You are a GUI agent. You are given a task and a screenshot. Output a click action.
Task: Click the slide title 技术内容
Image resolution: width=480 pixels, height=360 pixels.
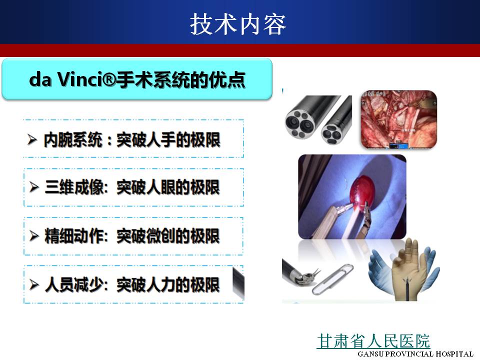click(x=238, y=24)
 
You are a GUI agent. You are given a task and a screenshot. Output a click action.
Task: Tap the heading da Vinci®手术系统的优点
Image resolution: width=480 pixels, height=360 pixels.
click(x=137, y=79)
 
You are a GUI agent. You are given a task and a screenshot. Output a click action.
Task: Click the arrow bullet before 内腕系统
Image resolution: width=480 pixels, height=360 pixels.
click(x=32, y=139)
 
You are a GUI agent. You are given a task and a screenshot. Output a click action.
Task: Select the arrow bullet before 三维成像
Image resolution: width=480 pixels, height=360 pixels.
click(x=34, y=186)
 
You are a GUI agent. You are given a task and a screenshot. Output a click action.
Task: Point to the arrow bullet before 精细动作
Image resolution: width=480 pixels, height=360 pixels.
click(x=34, y=235)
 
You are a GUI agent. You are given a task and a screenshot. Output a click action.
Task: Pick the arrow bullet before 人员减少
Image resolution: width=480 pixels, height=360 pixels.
click(x=34, y=284)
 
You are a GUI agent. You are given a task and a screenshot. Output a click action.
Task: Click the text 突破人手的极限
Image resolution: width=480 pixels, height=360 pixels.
click(x=168, y=140)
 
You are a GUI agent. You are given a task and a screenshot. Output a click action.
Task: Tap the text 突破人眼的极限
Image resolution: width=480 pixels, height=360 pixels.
click(x=168, y=187)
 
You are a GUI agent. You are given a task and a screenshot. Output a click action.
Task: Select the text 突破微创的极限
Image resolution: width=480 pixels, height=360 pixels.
click(x=168, y=236)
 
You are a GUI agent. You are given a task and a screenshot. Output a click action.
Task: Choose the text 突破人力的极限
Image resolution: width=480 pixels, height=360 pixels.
click(x=168, y=284)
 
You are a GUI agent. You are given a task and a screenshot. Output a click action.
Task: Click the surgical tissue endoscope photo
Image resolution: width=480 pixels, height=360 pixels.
click(x=399, y=119)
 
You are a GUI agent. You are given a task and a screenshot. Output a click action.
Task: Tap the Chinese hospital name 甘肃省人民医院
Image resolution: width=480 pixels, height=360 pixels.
click(x=373, y=341)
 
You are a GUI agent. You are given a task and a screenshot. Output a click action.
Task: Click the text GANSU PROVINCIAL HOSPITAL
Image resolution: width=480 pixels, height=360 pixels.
click(x=415, y=354)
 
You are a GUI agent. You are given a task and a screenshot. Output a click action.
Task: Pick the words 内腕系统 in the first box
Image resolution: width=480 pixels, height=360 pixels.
click(x=73, y=140)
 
